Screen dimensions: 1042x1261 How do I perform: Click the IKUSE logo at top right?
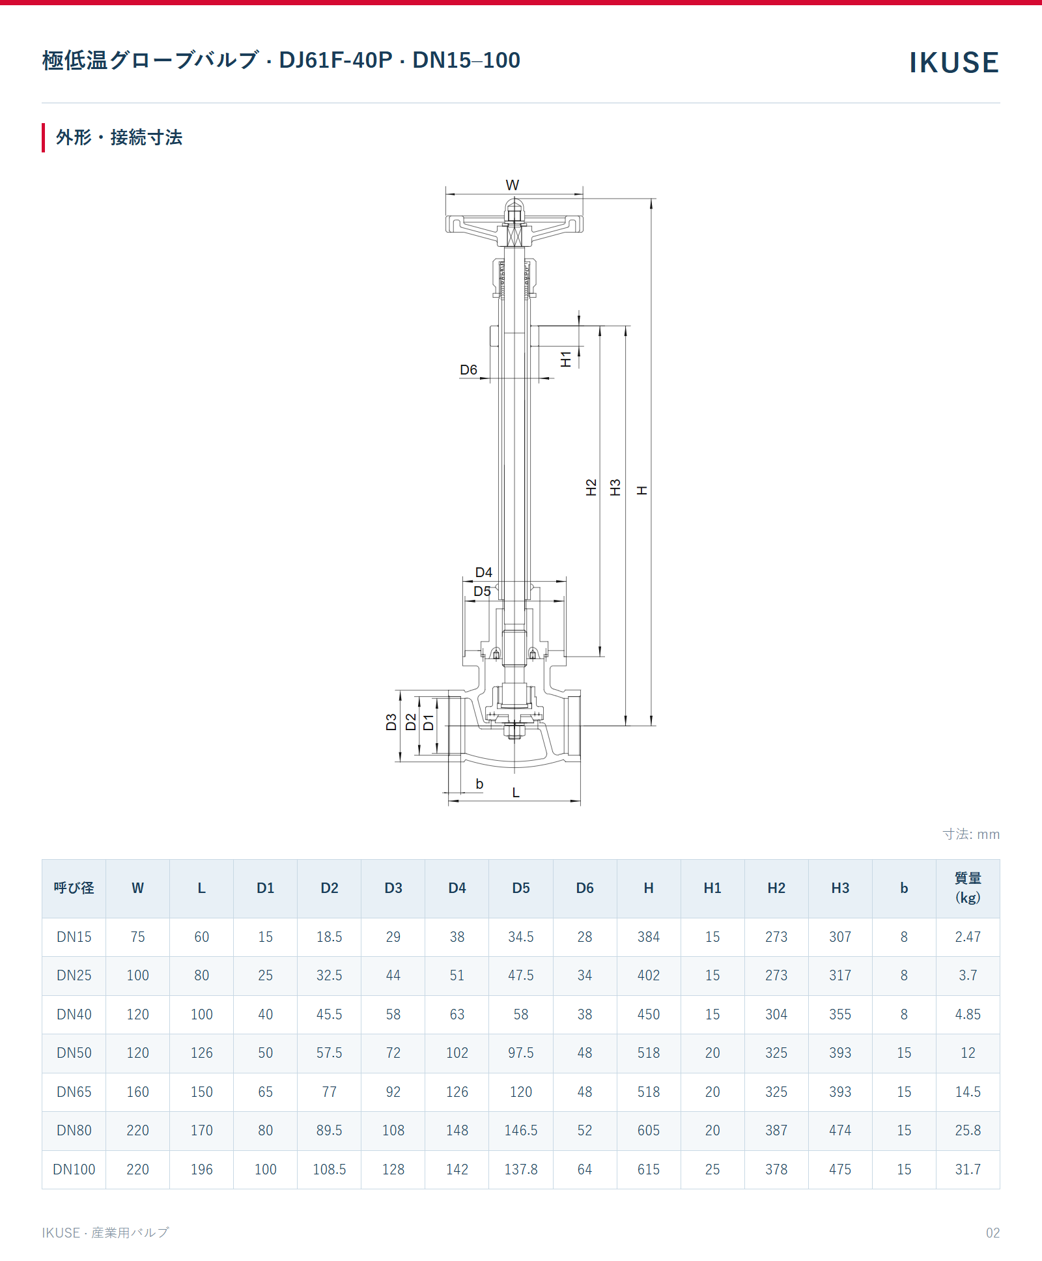click(953, 63)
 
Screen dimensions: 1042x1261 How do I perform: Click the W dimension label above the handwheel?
click(513, 185)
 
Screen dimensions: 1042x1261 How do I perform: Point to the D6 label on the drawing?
click(468, 370)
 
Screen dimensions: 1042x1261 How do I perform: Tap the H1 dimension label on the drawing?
click(566, 359)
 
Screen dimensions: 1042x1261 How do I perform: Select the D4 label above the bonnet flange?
click(484, 573)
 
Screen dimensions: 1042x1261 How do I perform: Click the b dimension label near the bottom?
click(479, 784)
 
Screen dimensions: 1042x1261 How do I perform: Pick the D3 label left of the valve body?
click(391, 722)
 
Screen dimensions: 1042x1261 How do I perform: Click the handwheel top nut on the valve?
click(514, 212)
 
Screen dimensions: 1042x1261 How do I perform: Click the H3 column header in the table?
click(840, 888)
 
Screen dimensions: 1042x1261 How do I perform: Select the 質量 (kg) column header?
click(968, 888)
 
